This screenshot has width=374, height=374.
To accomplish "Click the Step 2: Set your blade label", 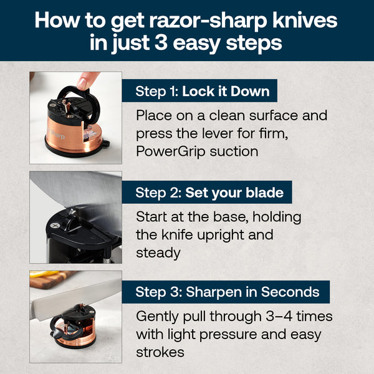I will [209, 193].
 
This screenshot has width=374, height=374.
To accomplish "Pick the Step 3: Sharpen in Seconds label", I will [228, 292].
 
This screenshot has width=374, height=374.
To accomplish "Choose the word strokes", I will [160, 352].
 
